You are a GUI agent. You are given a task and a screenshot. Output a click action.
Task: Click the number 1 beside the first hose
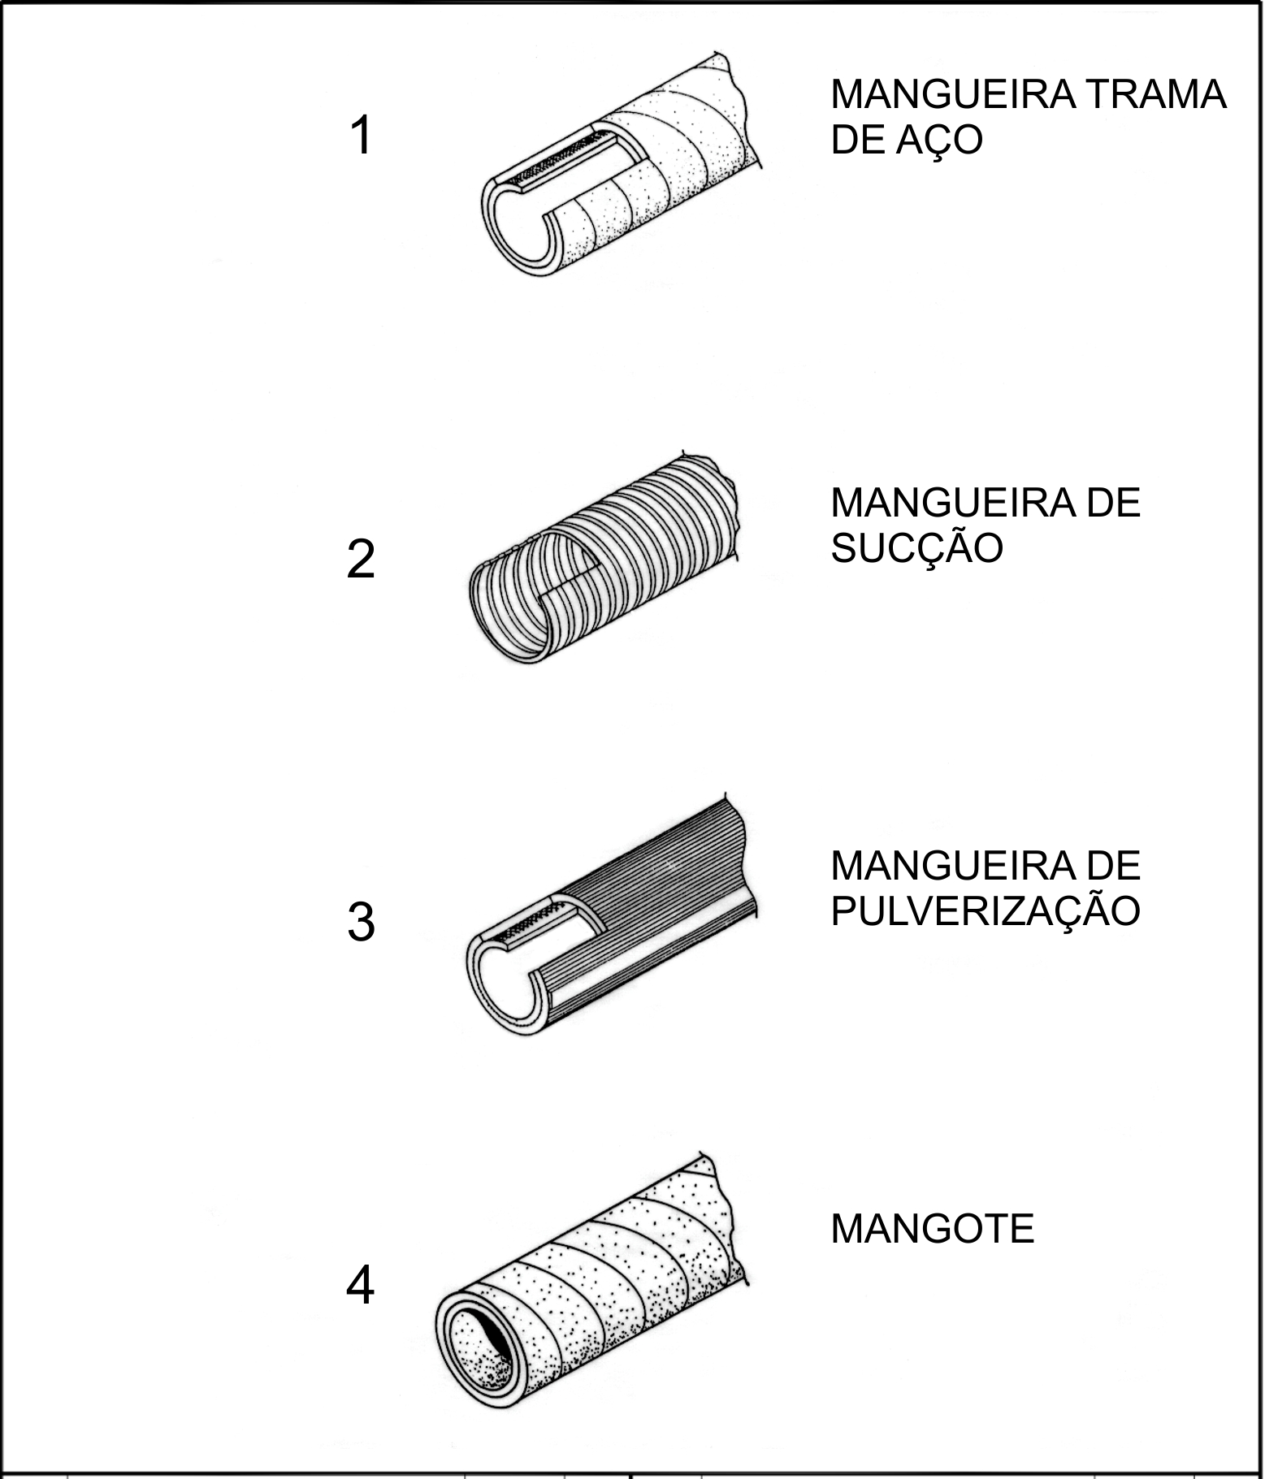(361, 135)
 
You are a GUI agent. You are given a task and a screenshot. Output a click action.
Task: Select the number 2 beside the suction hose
(361, 560)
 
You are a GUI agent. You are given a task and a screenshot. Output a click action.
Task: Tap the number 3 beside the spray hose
(361, 923)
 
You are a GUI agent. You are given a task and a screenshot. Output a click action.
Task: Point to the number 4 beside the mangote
(361, 1287)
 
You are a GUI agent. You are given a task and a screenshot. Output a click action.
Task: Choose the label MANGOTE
(933, 1229)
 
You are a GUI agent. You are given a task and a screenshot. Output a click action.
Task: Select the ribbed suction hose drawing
(605, 561)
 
